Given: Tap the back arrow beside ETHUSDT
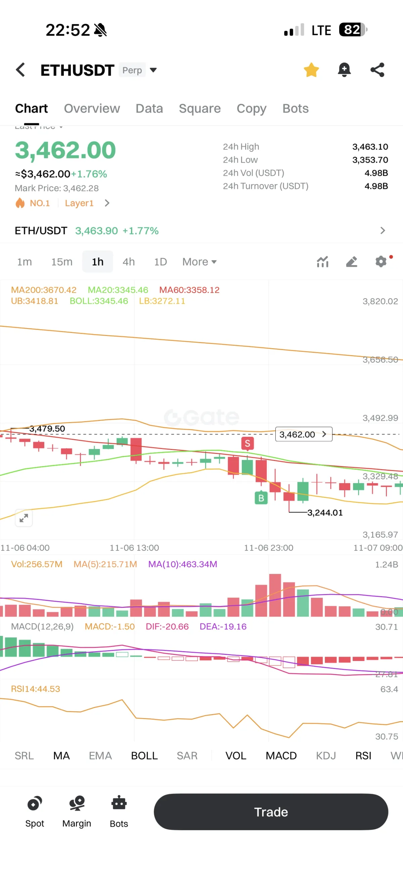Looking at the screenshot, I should click(20, 70).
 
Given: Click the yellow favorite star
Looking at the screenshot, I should click(311, 70).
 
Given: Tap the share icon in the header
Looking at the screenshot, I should click(377, 70).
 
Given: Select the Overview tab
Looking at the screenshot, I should click(92, 109).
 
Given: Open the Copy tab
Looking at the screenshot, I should click(252, 109).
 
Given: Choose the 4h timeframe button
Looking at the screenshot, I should click(128, 262).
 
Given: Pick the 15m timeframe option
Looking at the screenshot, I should click(62, 262).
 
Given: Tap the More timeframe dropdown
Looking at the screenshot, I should click(199, 262).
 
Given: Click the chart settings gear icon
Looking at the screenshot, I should click(381, 261).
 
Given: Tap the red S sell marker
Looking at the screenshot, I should click(248, 444).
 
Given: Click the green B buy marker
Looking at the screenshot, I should click(261, 498).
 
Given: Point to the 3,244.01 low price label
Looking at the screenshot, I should click(325, 512).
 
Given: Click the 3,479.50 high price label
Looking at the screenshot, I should click(47, 428).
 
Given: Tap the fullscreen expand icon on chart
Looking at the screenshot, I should click(24, 518).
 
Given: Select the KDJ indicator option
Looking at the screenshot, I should click(325, 756).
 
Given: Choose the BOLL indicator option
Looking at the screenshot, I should click(144, 756).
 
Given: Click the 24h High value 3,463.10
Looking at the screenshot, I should click(370, 147).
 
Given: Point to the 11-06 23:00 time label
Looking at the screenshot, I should click(268, 548).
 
